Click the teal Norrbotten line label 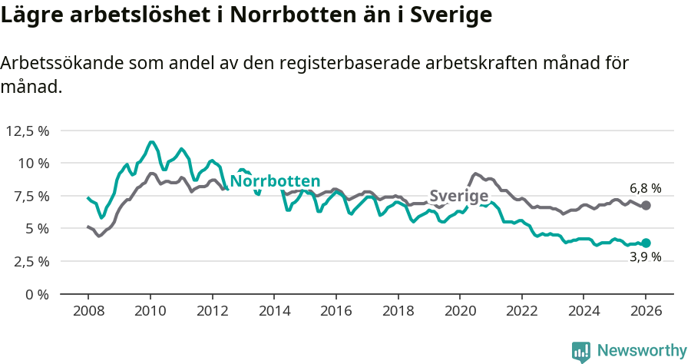[x=275, y=181]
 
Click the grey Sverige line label [x=458, y=196]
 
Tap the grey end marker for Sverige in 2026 [x=646, y=205]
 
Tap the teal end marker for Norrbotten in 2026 [x=646, y=243]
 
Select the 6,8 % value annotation [x=645, y=188]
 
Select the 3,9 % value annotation [x=645, y=257]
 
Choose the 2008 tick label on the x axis [x=88, y=312]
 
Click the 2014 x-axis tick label [x=273, y=312]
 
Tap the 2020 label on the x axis [x=459, y=312]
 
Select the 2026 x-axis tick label [x=645, y=312]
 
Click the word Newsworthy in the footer [x=641, y=350]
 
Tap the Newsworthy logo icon [x=581, y=351]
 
